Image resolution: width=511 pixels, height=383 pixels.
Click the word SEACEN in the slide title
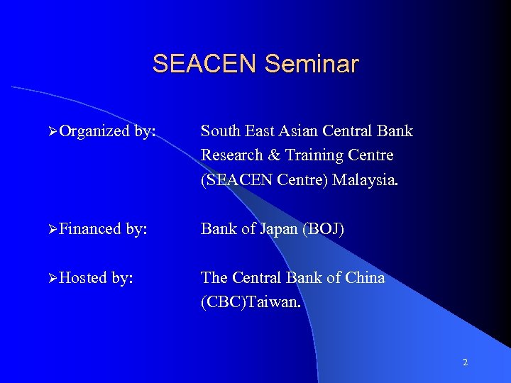click(205, 65)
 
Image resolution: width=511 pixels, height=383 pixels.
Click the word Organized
click(94, 132)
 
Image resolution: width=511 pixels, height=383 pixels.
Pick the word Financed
click(91, 229)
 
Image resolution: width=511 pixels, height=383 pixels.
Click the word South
click(220, 131)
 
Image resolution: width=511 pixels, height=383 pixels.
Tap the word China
click(363, 277)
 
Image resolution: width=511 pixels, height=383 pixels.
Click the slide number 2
click(465, 362)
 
